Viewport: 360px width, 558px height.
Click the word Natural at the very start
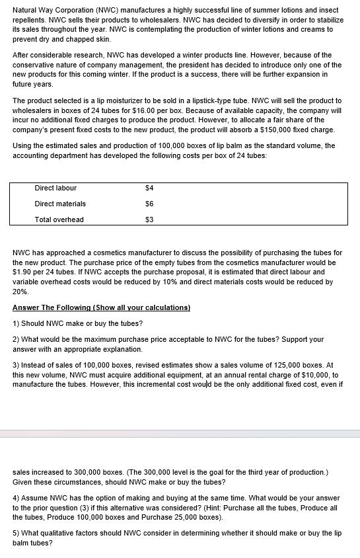pyautogui.click(x=26, y=11)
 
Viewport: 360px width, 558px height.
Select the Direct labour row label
pyautogui.click(x=55, y=188)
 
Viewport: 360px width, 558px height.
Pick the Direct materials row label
pyautogui.click(x=60, y=204)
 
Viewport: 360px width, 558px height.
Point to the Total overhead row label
pyautogui.click(x=59, y=219)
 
